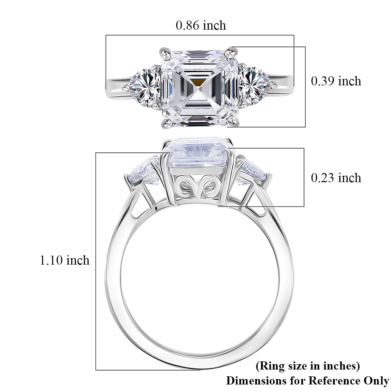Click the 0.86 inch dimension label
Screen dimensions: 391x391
[x=201, y=25]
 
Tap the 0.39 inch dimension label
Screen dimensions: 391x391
[x=336, y=81]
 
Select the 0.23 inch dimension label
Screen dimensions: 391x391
[x=336, y=178]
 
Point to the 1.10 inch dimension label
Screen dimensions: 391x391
[x=65, y=260]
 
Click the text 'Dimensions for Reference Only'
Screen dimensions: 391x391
[x=308, y=381]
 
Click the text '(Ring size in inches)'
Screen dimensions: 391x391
[x=308, y=366]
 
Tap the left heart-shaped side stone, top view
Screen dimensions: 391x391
[x=147, y=85]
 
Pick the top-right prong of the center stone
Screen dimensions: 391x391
[x=233, y=51]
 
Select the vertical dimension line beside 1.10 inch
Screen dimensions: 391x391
[x=96, y=261]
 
